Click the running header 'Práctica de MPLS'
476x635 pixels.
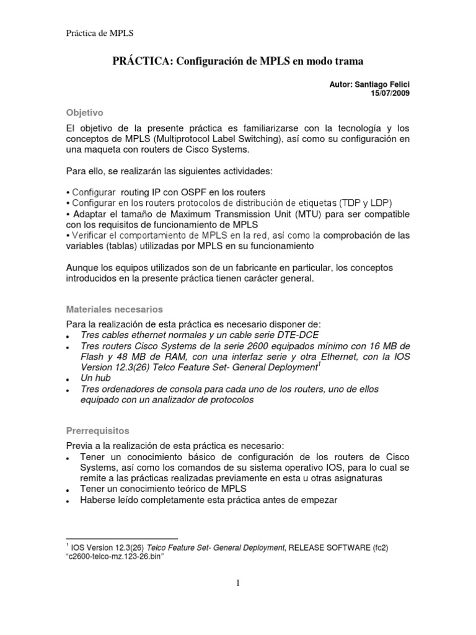tap(100, 33)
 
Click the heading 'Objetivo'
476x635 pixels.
tap(84, 112)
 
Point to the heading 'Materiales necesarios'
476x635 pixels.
tap(115, 308)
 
